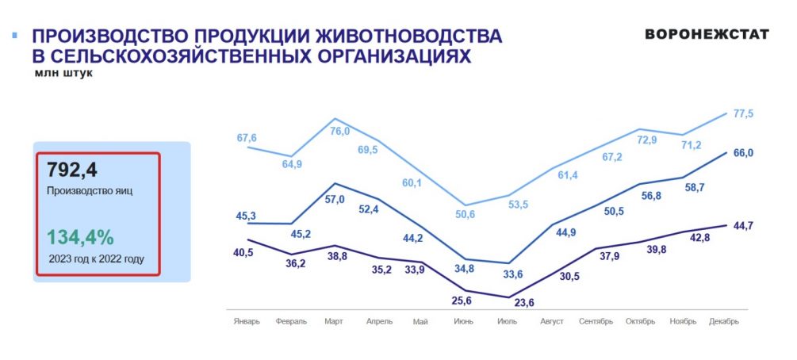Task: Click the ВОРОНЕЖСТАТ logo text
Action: click(707, 35)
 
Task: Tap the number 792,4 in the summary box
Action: click(73, 170)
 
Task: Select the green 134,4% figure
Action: click(80, 236)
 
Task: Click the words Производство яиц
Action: click(89, 191)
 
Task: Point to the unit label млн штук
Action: click(63, 73)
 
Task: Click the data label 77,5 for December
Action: click(743, 114)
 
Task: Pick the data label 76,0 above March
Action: click(339, 132)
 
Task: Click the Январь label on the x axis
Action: click(247, 322)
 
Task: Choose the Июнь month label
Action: click(465, 322)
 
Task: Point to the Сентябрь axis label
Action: click(596, 322)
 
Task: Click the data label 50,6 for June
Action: click(466, 215)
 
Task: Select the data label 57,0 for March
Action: click(335, 200)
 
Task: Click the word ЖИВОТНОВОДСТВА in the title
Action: click(408, 36)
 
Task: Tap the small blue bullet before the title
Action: click(14, 36)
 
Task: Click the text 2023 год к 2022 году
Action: click(97, 259)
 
